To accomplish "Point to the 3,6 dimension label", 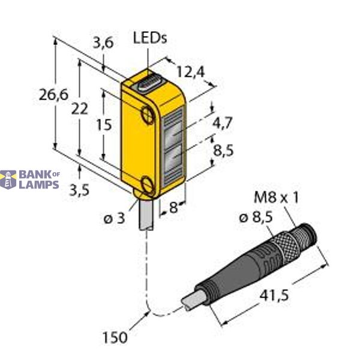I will [104, 42].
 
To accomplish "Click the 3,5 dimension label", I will [78, 190].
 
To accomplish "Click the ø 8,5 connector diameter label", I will [256, 218].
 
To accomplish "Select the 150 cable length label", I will [115, 337].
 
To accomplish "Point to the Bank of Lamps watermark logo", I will [30, 179].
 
